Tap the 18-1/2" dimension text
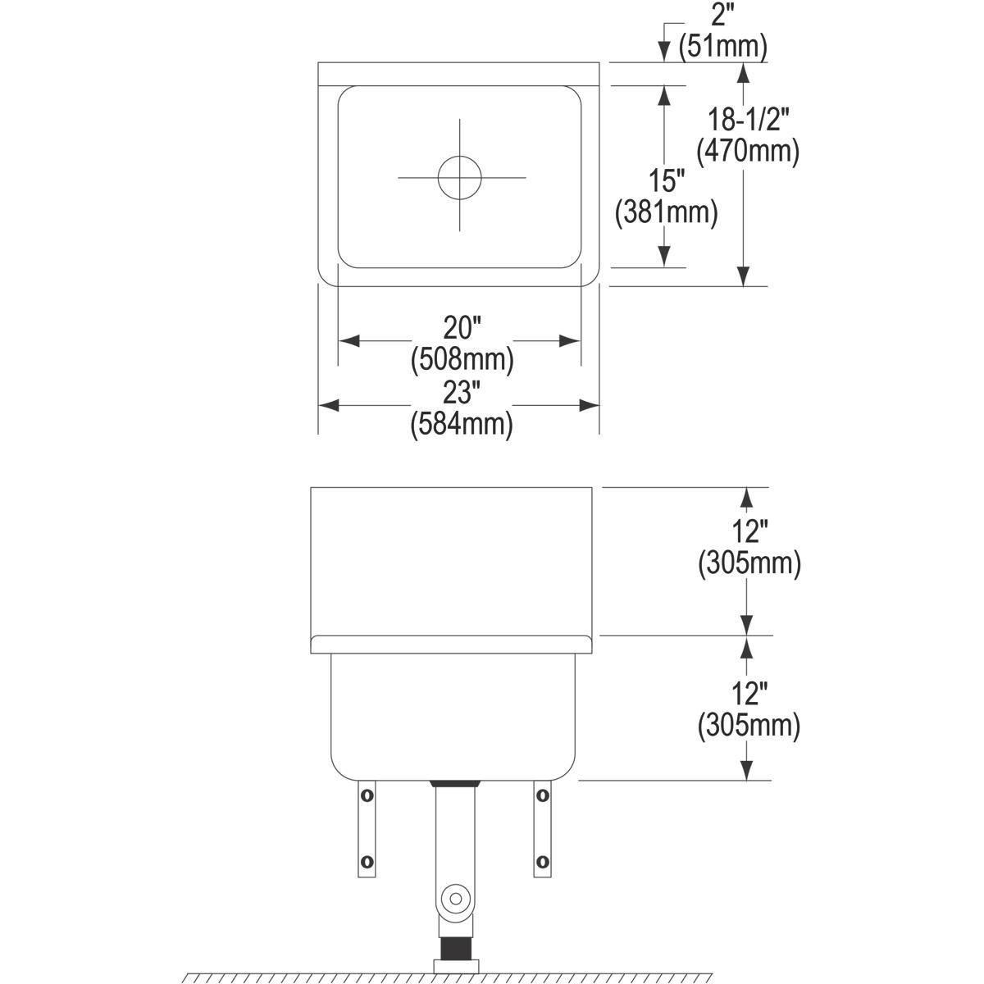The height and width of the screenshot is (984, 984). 748,121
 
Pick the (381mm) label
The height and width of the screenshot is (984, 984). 666,212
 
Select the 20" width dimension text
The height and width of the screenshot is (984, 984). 461,329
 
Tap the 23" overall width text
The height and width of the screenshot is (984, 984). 461,394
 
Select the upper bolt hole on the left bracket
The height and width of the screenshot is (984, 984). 367,795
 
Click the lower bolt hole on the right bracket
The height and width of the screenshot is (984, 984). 541,861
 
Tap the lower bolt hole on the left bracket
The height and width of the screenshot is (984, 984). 367,861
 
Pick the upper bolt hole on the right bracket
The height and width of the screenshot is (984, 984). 541,795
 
